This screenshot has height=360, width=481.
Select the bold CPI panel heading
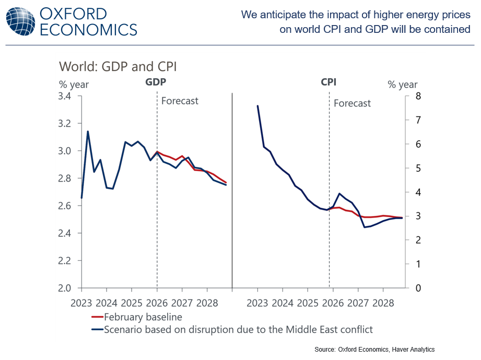point(328,82)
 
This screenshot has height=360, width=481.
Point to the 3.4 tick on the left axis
point(68,96)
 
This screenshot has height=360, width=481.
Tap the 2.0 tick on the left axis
point(68,288)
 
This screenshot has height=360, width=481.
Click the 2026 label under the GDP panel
point(157,303)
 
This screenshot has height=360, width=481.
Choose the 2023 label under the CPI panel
point(257,303)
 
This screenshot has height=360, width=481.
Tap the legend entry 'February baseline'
point(143,317)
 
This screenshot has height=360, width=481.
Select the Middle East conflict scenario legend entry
point(238,329)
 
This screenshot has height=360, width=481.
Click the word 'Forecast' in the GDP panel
point(180,101)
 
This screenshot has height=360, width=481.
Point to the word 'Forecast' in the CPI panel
point(352,103)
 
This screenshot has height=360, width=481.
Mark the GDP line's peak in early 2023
point(88,131)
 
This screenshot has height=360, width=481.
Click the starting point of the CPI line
point(257,106)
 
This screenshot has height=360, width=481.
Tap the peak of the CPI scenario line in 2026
point(340,194)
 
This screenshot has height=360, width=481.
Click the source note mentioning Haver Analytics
point(374,349)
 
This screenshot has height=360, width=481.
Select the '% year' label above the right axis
point(402,85)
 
